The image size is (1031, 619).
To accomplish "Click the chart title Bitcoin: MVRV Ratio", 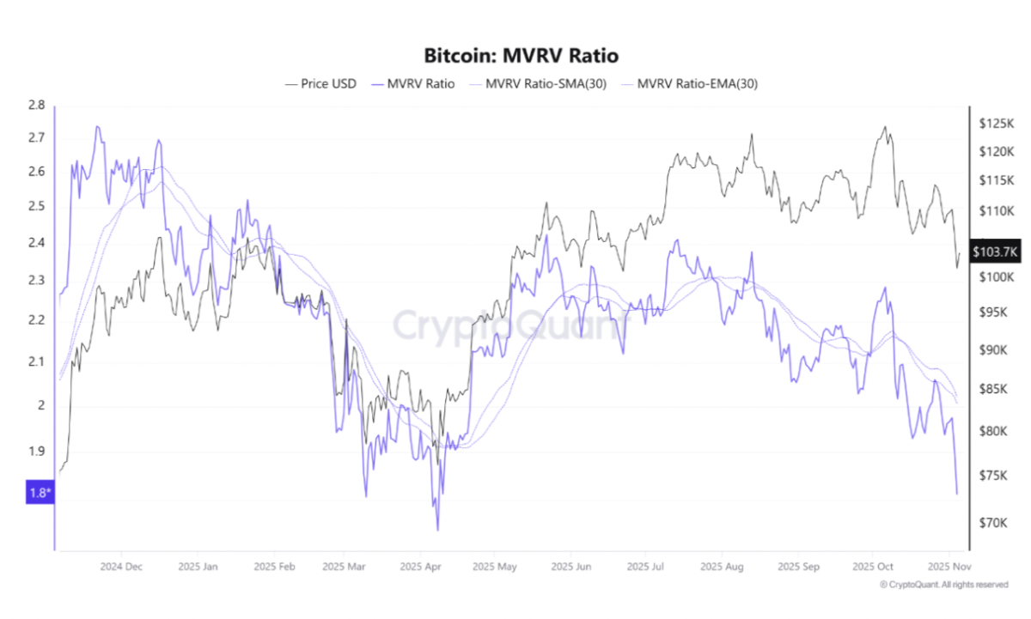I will coord(521,56).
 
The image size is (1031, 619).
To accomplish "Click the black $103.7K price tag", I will coord(995,252).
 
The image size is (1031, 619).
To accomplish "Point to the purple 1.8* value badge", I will coord(40,493).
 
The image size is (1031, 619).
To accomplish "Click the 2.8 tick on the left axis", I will coord(36,106).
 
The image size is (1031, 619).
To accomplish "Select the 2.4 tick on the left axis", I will coord(36,243).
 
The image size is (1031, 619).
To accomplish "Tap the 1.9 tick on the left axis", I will coord(36,452).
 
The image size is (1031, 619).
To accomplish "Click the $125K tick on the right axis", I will coord(997,124).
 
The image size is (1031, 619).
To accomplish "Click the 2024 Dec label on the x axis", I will coord(121,567).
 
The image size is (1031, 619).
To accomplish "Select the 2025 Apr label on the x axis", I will coord(420,567).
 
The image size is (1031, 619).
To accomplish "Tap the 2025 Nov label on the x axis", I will coord(948,567).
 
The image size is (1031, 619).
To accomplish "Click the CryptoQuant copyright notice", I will coord(943,585).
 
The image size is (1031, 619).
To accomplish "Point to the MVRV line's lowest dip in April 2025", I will coord(437,530).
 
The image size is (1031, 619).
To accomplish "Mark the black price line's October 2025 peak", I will coord(884,127).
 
